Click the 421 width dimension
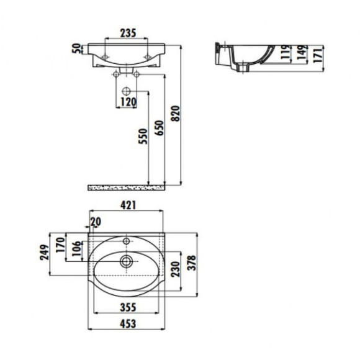pos(127,207)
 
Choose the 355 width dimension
pos(128,306)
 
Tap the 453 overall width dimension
pos(127,323)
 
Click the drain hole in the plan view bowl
pos(127,261)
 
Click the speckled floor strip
pos(127,186)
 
